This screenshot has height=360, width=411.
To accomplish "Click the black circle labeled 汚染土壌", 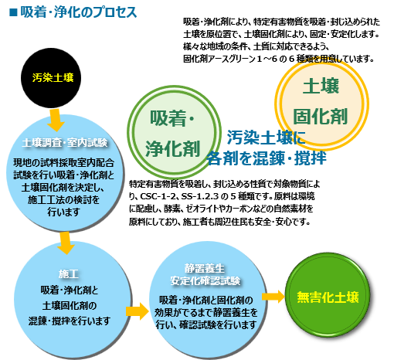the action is tap(51, 78).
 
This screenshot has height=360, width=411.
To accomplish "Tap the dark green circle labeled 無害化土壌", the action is tap(328, 297).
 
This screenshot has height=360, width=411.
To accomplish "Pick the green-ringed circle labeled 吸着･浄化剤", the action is tap(175, 132).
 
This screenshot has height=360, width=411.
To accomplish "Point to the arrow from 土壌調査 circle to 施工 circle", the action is tap(66, 243).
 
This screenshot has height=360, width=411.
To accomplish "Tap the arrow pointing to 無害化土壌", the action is tap(273, 297).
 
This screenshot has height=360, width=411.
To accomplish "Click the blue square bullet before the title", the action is tap(13, 12).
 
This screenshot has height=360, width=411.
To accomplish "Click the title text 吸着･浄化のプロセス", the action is tap(79, 12).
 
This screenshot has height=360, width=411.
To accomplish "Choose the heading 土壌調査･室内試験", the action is tap(65, 143).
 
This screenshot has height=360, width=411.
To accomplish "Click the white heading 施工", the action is tap(69, 273).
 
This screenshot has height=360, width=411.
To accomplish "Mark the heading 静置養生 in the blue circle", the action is tap(205, 269).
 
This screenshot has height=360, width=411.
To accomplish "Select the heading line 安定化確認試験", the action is tap(205, 280).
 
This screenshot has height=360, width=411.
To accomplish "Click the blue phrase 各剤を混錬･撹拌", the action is tap(267, 158).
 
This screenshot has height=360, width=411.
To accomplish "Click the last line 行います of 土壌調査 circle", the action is tap(63, 212).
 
